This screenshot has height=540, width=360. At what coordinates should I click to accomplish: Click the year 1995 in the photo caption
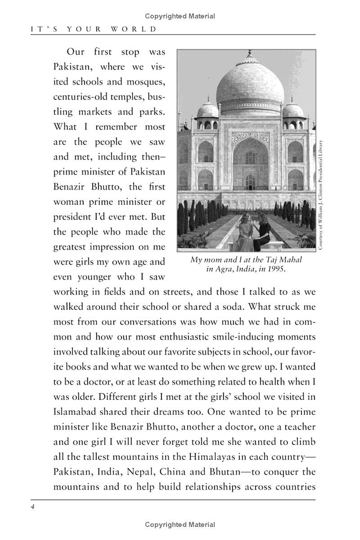click(x=277, y=269)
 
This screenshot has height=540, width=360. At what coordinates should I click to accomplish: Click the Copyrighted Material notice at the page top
click(x=180, y=16)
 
